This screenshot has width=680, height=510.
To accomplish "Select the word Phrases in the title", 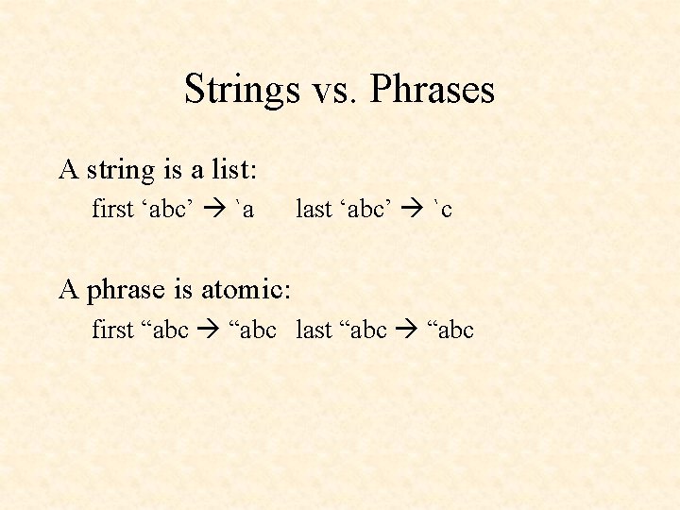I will pos(433,91).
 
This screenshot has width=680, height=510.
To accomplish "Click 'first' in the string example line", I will pos(112,209).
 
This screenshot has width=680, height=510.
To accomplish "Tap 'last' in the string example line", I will pos(313,209).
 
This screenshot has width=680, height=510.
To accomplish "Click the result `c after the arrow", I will pos(442,210).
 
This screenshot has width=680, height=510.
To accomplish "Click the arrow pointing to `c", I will pos(414,210).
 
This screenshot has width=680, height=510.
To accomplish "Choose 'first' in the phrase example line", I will pos(112,330).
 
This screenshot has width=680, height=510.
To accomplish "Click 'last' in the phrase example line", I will pos(314,330).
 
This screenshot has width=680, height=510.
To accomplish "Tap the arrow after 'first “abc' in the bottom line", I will pos(209,331).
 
